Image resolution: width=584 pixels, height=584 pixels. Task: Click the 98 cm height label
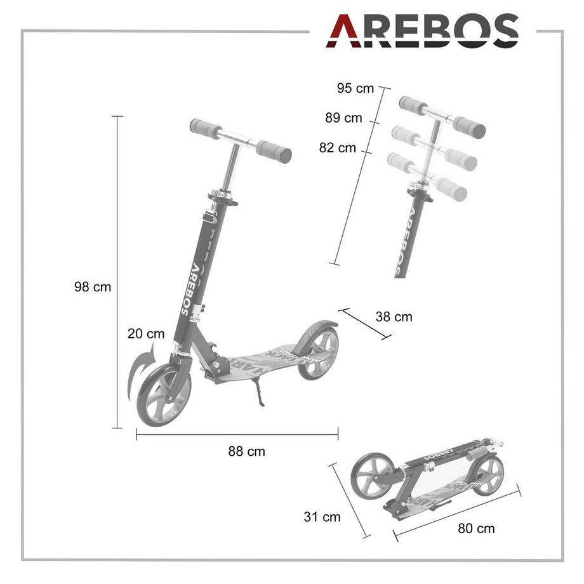click(93, 287)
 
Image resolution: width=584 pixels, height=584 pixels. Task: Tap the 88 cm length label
click(247, 452)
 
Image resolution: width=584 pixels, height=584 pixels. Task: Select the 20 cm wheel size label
click(146, 333)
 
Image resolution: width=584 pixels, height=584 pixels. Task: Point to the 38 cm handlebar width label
click(394, 316)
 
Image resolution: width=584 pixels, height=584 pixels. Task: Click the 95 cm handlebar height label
click(355, 88)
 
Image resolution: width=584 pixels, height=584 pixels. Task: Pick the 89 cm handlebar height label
click(343, 118)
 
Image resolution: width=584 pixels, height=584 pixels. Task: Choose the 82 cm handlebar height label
click(338, 148)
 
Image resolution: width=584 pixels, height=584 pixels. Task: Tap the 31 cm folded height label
click(322, 517)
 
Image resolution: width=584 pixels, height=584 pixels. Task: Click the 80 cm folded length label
click(476, 528)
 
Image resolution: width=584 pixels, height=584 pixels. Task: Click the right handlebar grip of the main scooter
click(274, 151)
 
